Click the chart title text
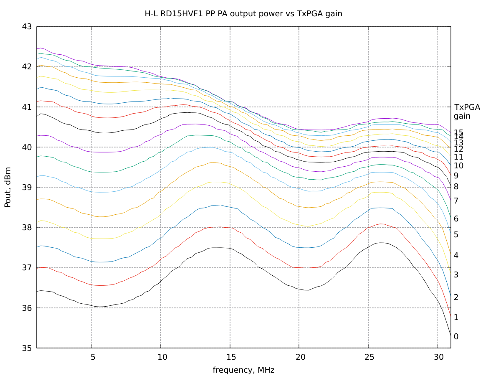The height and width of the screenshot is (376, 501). (243, 13)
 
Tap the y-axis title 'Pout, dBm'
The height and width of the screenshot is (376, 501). (8, 187)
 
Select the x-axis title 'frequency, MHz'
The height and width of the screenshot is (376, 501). (243, 370)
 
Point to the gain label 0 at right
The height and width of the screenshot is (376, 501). (456, 336)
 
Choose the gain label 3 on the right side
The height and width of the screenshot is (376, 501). (456, 274)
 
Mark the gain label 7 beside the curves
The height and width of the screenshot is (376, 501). (456, 201)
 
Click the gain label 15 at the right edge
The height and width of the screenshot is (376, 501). (458, 132)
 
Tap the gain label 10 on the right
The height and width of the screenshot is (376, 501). (458, 165)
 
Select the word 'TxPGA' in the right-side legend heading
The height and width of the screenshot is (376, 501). (467, 107)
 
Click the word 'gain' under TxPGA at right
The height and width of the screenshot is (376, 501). (462, 116)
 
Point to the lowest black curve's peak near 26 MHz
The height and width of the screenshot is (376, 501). (381, 243)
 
